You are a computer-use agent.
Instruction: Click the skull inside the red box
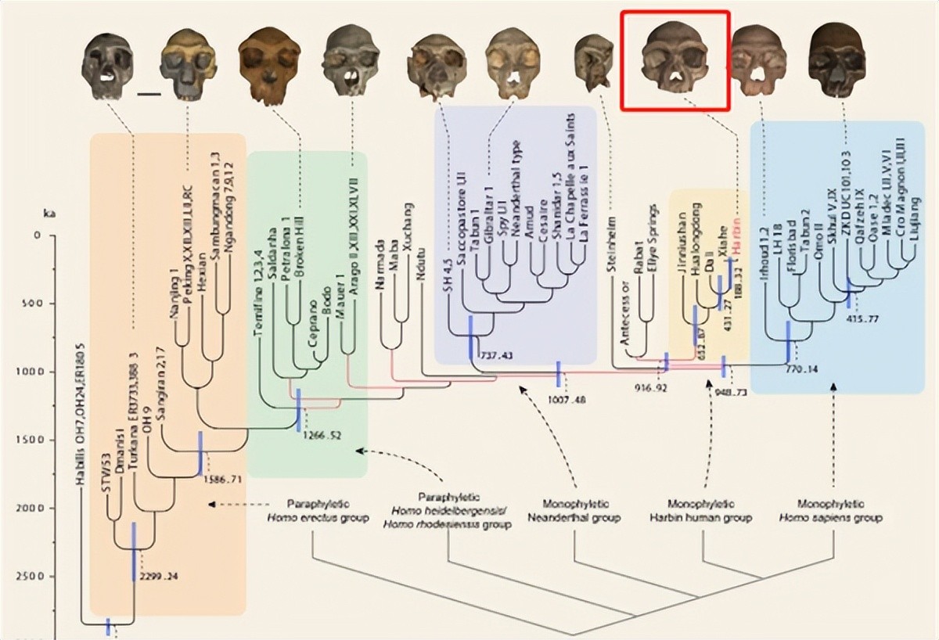click(x=675, y=60)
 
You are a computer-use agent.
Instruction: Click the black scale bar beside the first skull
click(x=148, y=95)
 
